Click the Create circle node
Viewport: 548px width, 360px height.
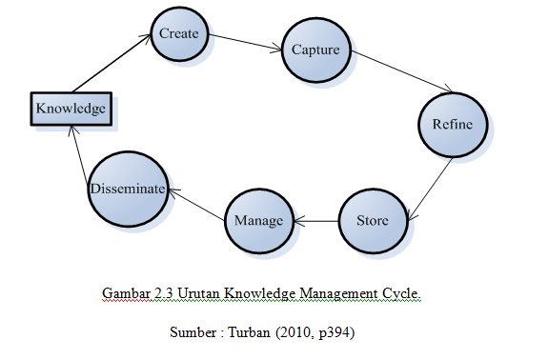178,34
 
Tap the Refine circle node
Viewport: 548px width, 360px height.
453,126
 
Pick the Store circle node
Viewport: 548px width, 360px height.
373,221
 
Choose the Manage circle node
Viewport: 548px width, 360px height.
258,221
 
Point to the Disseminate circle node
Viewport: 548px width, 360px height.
129,190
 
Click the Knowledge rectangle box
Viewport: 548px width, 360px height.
71,109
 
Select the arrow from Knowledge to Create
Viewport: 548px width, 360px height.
112,62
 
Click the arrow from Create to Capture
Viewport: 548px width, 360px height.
247,43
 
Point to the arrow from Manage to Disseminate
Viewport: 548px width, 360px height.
197,205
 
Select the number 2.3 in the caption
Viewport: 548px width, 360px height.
163,291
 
